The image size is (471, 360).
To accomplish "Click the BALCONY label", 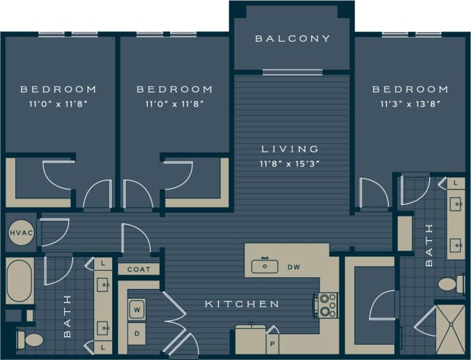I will click(292, 38).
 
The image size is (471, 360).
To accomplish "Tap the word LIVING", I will click(290, 149).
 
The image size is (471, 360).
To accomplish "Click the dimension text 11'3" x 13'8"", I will click(410, 104).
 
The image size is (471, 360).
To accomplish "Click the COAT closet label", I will click(139, 269).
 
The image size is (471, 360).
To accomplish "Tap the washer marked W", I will click(137, 307).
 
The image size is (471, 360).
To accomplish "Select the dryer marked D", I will click(137, 334).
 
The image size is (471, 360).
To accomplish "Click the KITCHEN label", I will click(242, 304).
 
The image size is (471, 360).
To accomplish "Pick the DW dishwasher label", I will click(293, 266).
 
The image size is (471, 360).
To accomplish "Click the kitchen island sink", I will click(265, 265).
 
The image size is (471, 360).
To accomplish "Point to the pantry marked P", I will click(271, 344).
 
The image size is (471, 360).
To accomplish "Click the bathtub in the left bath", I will click(20, 281).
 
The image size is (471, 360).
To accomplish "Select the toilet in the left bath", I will click(29, 340).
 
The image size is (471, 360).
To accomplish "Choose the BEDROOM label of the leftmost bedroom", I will click(58, 89).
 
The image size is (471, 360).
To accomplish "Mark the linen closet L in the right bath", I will click(456, 182).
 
